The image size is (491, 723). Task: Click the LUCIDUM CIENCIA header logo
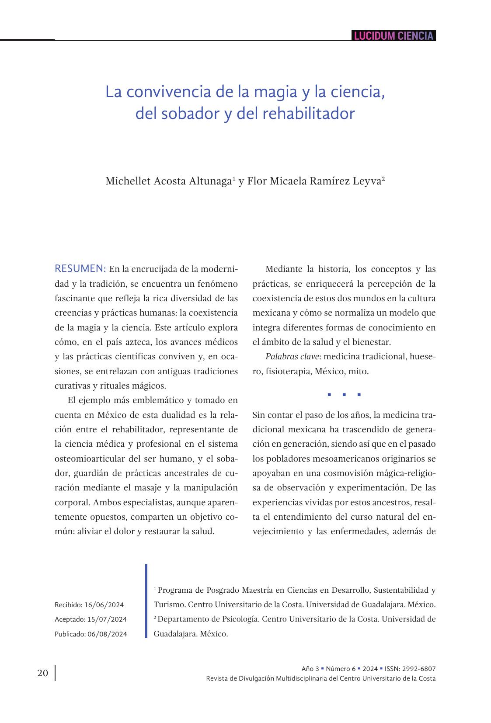click(393, 36)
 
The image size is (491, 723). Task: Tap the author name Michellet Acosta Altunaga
click(168, 181)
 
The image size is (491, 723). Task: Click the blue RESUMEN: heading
click(80, 268)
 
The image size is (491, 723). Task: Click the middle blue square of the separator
click(344, 395)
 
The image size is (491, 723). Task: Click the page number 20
click(43, 673)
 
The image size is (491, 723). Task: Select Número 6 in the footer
click(341, 669)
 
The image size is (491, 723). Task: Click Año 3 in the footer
click(310, 669)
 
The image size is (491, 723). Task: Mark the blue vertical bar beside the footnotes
click(146, 601)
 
